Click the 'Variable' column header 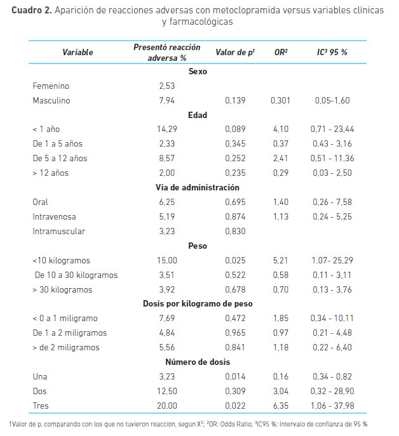click(x=78, y=52)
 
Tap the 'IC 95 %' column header click(x=332, y=52)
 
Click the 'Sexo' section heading click(x=198, y=72)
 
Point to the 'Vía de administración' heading click(x=198, y=187)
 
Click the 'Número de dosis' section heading click(x=198, y=362)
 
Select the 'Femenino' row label click(x=51, y=86)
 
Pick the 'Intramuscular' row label click(x=58, y=232)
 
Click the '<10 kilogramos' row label click(x=61, y=261)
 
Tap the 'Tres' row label click(x=41, y=406)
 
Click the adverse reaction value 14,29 click(x=167, y=129)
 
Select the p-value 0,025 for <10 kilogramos click(x=235, y=261)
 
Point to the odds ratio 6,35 click(x=281, y=406)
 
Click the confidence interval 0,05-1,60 click(x=332, y=100)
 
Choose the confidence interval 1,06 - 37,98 click(x=332, y=406)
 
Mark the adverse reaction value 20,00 click(x=167, y=406)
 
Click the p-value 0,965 click(x=235, y=333)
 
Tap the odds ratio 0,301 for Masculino click(x=280, y=100)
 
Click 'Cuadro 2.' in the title click(x=32, y=10)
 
